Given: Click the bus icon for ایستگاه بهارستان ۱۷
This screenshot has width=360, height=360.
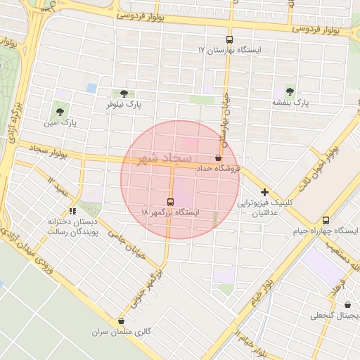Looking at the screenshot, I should coord(229,40).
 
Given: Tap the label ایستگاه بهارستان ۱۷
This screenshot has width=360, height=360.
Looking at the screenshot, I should coord(229,51).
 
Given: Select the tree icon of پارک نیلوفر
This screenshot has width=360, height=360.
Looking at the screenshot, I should coord(124,94).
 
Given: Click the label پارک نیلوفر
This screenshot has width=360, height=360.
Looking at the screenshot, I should coord(124,104).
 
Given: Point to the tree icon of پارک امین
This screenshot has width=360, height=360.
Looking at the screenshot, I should coord(59,111).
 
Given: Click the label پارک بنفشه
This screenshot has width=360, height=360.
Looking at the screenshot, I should coord(291,103).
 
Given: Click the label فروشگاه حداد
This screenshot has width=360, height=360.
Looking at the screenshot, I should coord(218,169).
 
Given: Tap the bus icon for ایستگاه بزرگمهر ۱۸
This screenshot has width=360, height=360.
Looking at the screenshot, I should coord(169,201).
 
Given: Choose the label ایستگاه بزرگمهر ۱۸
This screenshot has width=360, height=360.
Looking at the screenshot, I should coord(170,212).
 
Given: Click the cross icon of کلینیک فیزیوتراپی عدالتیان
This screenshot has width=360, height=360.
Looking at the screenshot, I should coord(264,192).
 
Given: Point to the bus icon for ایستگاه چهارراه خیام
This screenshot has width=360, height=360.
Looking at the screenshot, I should coord(325,221).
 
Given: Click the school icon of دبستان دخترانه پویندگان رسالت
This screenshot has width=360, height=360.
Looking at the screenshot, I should coord(72,210).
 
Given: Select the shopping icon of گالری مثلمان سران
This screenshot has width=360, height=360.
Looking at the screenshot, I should coord(121,321).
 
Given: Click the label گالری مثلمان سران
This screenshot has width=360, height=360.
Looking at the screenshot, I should coord(122,331).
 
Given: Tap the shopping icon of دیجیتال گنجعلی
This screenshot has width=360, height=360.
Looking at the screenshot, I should coord(348,304).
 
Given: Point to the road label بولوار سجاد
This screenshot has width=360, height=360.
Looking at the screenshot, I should coord(49,152).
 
